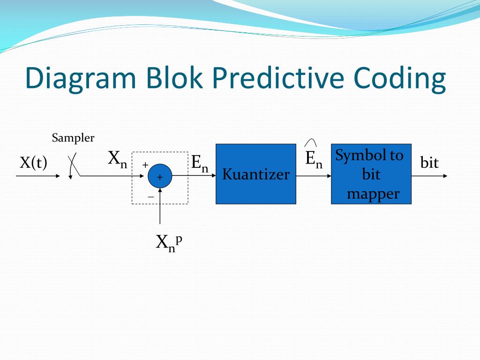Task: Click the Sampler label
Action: click(x=73, y=138)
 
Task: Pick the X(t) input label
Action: click(x=33, y=163)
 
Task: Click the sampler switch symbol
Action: click(x=73, y=166)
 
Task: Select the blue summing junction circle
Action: click(x=160, y=177)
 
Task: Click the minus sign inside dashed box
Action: click(x=150, y=197)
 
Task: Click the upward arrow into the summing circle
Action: click(x=160, y=206)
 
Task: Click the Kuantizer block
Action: click(x=255, y=174)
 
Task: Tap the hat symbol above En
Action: click(x=311, y=142)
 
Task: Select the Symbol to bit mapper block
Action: click(x=371, y=174)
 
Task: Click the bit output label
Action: click(x=429, y=163)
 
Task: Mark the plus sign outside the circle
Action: click(x=145, y=165)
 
